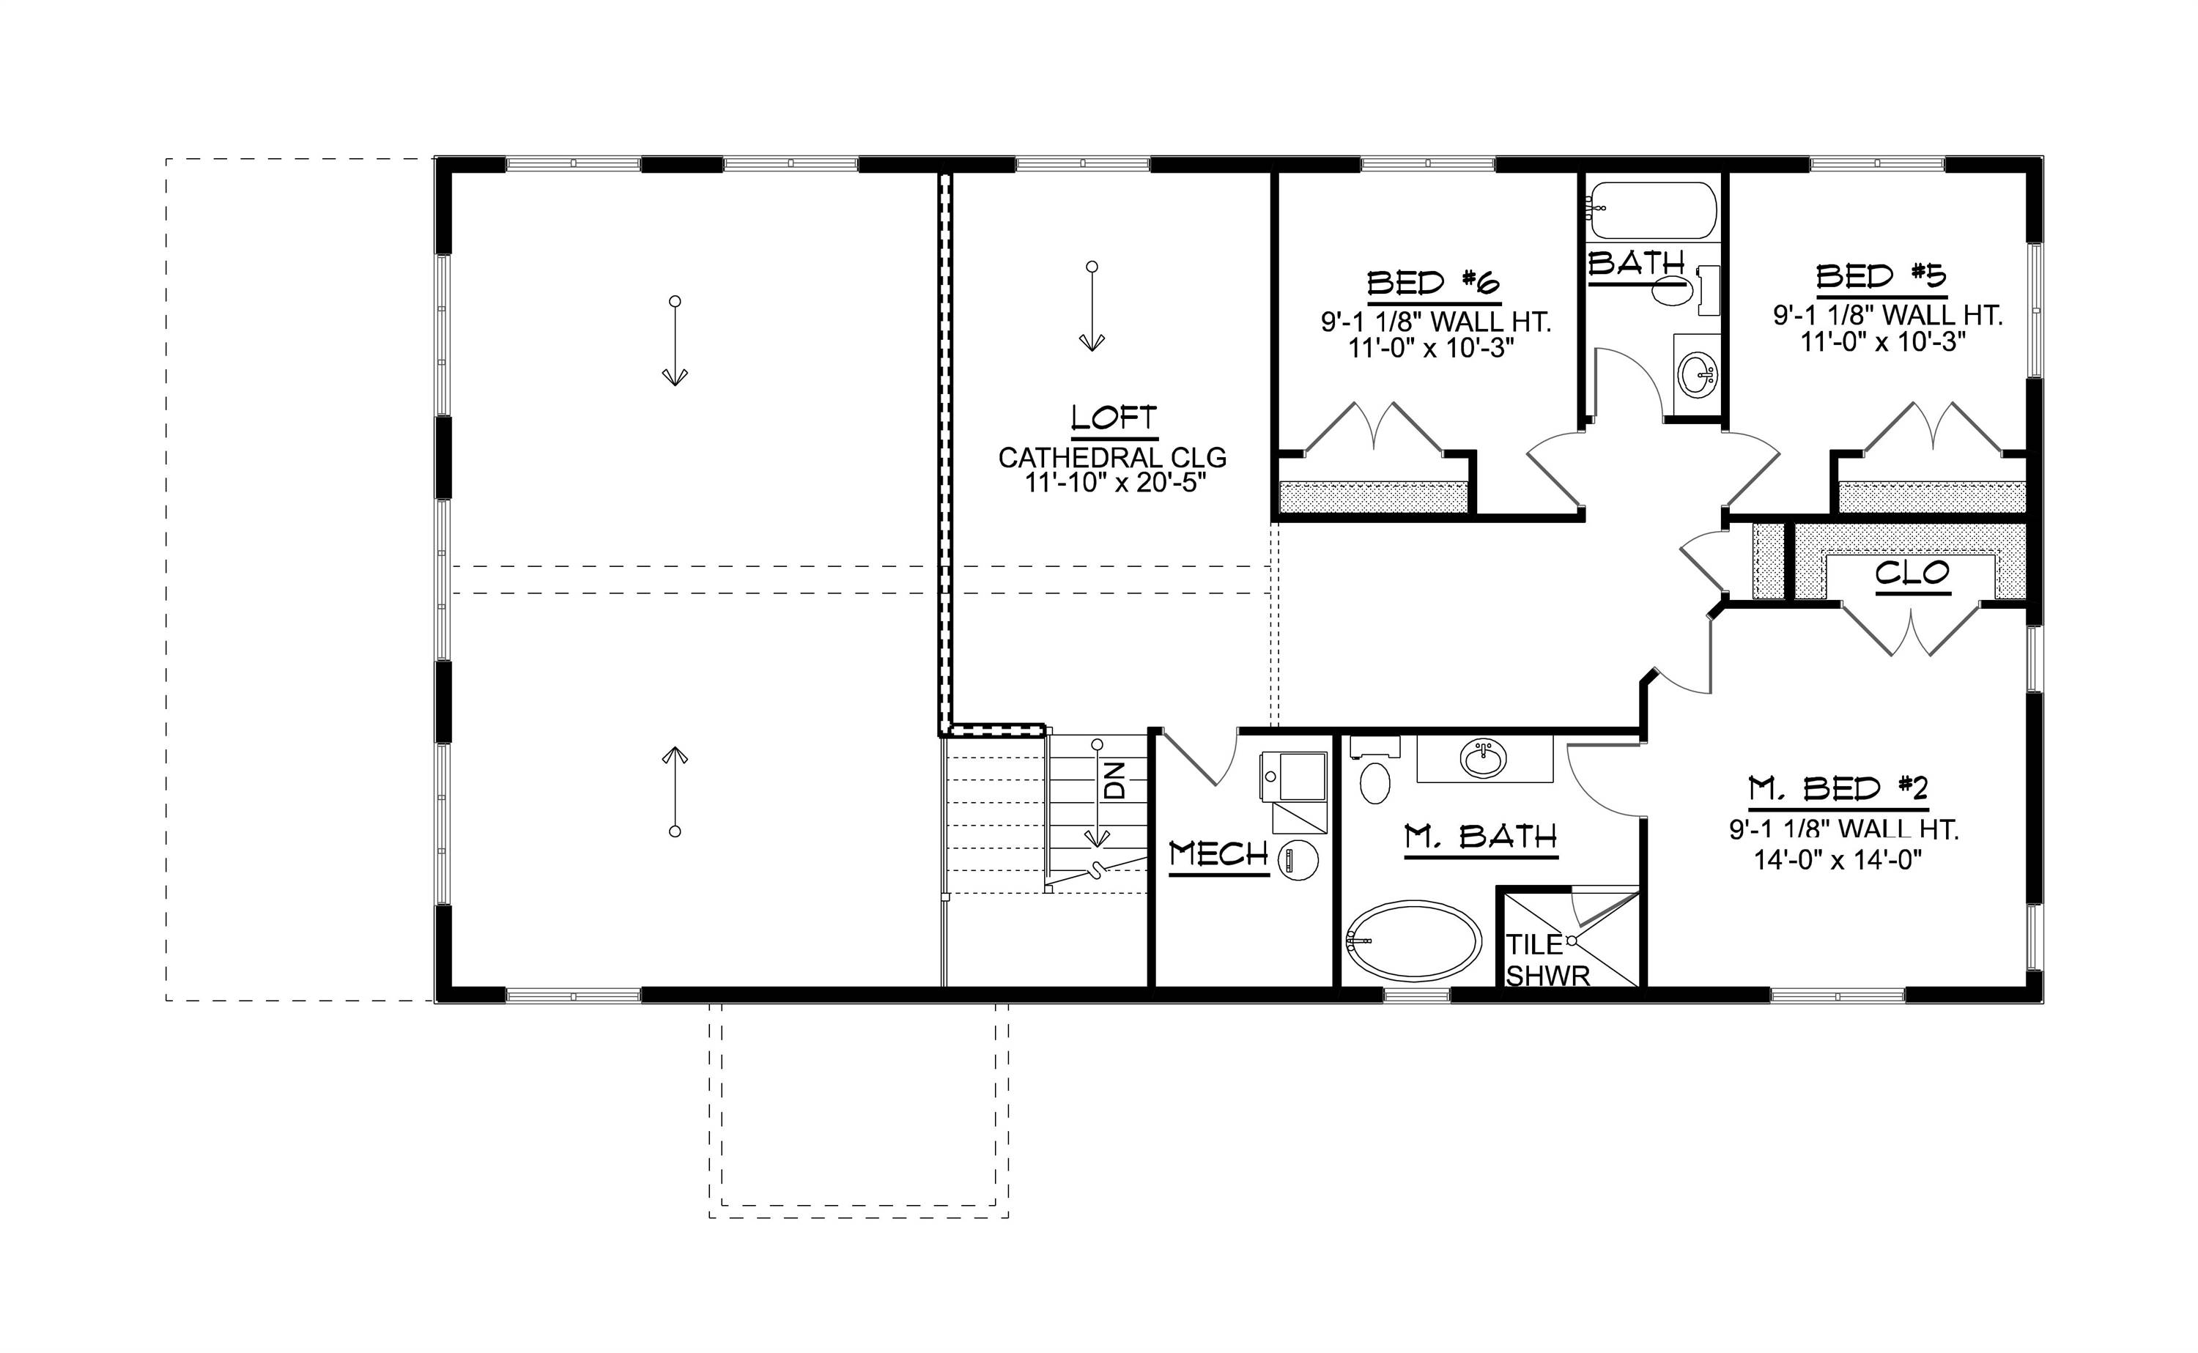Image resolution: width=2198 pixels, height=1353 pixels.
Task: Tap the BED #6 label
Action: tap(1433, 283)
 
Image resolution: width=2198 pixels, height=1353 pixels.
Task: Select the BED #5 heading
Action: tap(1881, 276)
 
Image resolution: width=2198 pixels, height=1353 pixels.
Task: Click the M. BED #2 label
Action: tap(1838, 788)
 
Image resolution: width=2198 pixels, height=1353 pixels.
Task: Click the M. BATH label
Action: tap(1481, 837)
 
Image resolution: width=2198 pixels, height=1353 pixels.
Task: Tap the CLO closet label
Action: tap(1912, 573)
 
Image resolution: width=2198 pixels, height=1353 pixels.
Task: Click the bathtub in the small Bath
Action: tap(1652, 211)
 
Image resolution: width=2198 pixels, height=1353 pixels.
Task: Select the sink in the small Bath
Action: tap(1697, 373)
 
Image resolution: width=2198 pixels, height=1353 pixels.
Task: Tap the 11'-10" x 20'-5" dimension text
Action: tap(1114, 484)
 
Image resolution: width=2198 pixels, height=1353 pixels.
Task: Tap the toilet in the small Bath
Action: tap(1672, 289)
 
